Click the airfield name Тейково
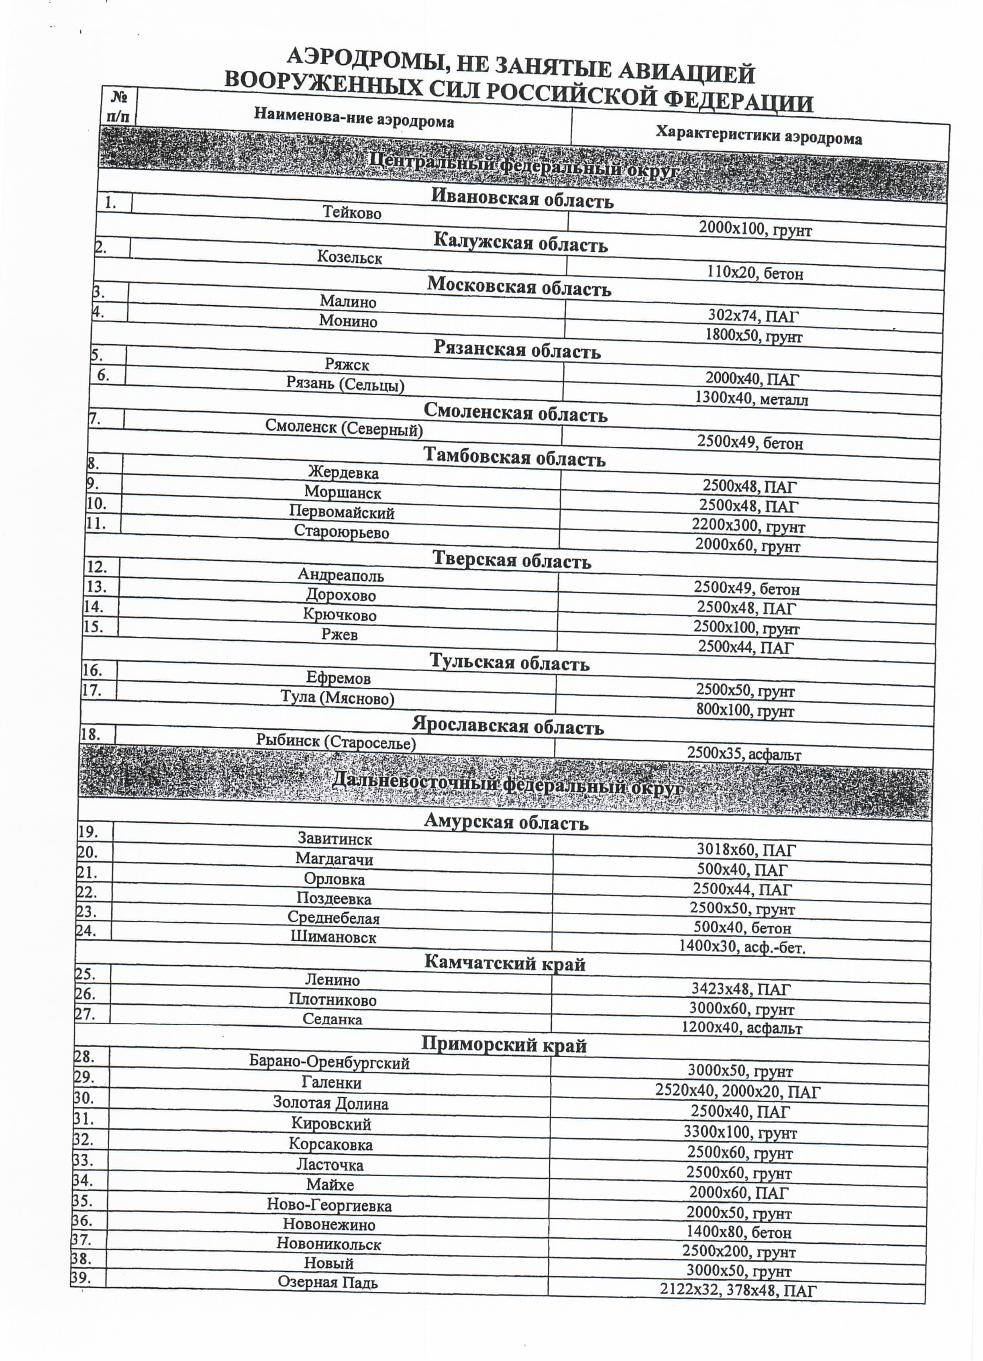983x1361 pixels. point(352,213)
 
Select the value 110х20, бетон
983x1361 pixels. point(755,274)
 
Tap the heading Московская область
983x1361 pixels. point(519,286)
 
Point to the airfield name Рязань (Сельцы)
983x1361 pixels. point(345,384)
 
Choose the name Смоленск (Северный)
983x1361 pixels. point(344,429)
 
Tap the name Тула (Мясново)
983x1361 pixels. point(338,698)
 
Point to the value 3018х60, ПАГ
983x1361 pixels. point(746,849)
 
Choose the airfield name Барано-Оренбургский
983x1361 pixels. point(329,1063)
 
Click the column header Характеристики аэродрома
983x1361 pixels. point(758,136)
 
